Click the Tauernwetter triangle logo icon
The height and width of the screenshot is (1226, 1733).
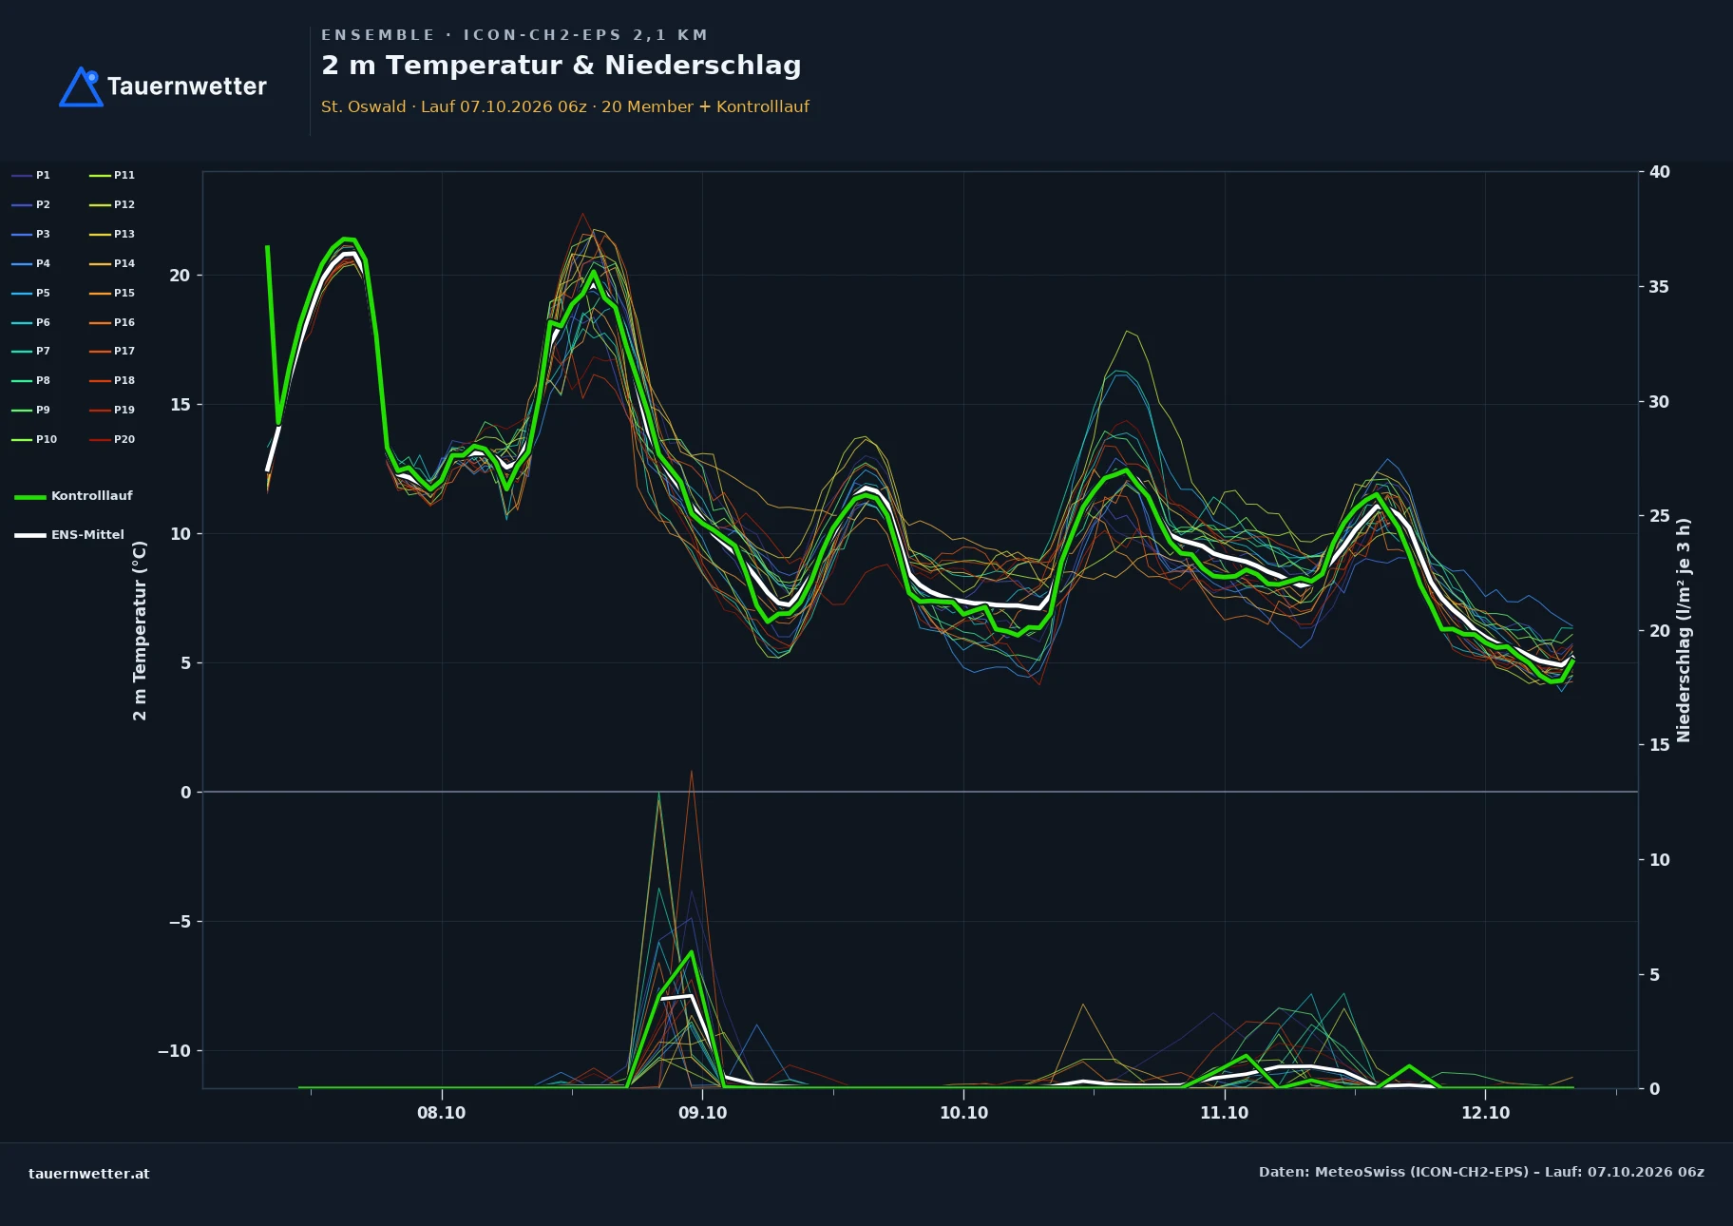click(x=81, y=86)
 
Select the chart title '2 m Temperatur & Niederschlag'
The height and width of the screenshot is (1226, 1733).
click(x=561, y=66)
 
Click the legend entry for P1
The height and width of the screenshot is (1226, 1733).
click(x=31, y=175)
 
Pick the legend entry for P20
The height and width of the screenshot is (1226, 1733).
click(x=112, y=439)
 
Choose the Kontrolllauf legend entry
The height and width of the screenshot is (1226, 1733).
click(x=73, y=496)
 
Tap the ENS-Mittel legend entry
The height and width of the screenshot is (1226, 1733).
click(x=69, y=535)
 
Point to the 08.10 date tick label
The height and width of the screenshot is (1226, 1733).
click(x=441, y=1113)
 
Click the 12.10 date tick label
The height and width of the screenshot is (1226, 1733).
click(x=1485, y=1113)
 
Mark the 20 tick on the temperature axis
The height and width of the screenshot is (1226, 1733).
click(x=180, y=276)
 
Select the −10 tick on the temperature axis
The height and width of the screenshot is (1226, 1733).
click(x=174, y=1050)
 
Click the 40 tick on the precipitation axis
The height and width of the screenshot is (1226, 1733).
click(x=1659, y=172)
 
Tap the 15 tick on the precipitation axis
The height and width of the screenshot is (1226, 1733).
click(x=1659, y=745)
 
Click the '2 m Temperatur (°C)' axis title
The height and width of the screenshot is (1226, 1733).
click(x=140, y=630)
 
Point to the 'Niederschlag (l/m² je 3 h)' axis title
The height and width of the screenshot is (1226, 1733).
click(x=1684, y=630)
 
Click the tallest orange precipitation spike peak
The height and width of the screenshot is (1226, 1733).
click(x=691, y=771)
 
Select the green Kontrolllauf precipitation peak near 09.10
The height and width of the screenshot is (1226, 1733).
click(x=691, y=951)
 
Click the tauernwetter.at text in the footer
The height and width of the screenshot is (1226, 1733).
click(x=89, y=1174)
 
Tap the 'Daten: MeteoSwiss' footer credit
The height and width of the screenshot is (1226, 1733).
click(x=1481, y=1172)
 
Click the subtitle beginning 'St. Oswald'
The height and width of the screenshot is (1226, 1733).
click(x=564, y=106)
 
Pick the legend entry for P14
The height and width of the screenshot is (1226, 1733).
click(x=112, y=263)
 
